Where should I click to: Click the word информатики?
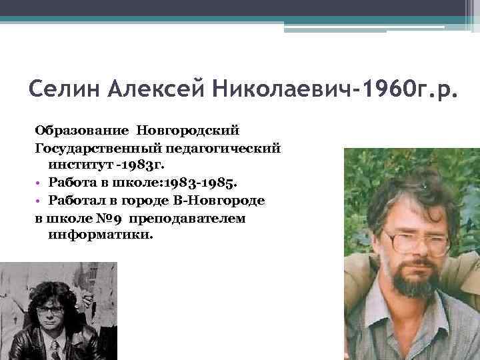coord(101,235)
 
